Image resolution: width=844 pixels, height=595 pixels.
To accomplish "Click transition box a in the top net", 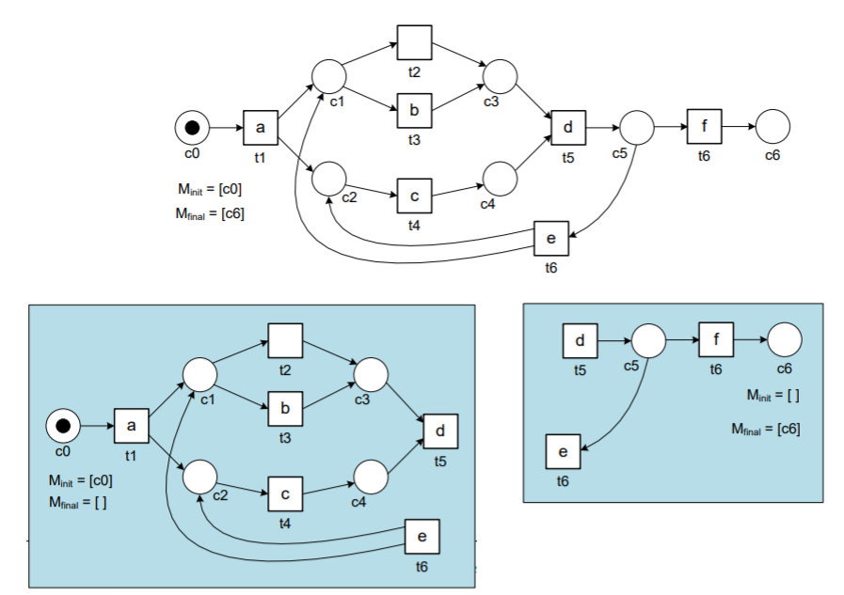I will tap(261, 127).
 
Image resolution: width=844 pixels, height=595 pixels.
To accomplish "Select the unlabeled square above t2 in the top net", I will tap(414, 42).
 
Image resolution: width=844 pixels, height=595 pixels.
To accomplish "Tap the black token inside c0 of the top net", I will tap(192, 126).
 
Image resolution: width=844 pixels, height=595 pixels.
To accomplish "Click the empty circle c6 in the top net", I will tap(772, 126).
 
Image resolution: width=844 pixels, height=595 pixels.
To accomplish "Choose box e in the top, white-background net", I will tap(551, 240).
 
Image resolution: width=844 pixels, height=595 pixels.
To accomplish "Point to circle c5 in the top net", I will tap(636, 126).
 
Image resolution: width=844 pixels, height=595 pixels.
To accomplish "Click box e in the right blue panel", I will tap(563, 452).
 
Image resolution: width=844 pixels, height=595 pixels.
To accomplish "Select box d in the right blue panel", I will tap(580, 339).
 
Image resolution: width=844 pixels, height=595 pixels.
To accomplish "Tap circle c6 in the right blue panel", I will tap(784, 339).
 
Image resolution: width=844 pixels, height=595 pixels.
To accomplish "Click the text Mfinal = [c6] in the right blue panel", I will tap(765, 429).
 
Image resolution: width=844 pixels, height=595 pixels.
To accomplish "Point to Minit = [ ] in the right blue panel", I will tap(772, 395).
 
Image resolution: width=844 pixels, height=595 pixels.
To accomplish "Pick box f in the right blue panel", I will tap(715, 339).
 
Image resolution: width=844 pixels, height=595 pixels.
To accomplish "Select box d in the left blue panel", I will tap(440, 431).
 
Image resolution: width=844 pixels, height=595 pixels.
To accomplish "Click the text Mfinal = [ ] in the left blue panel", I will tap(78, 502).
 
